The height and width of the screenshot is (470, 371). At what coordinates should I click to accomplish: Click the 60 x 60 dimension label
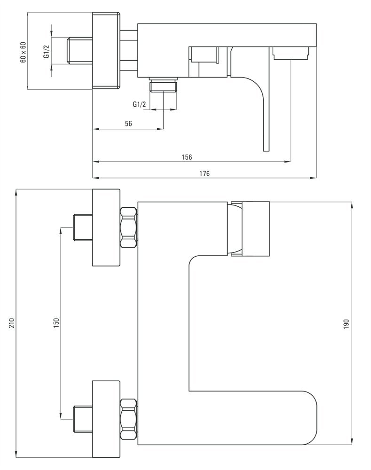(x=23, y=52)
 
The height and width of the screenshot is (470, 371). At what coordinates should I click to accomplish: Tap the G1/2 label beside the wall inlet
(x=46, y=51)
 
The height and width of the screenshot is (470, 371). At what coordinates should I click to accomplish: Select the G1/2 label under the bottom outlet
(x=140, y=104)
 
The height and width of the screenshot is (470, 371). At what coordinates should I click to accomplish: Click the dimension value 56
(x=128, y=124)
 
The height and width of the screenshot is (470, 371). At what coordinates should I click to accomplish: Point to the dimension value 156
(x=187, y=157)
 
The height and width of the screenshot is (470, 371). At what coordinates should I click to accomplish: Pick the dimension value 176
(x=205, y=173)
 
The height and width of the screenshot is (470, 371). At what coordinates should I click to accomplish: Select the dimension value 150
(x=56, y=322)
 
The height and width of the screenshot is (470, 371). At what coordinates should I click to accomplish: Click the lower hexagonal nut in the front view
(x=128, y=420)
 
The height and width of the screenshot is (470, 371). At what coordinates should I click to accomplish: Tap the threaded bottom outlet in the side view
(x=164, y=85)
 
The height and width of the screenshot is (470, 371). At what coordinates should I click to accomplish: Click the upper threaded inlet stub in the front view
(x=83, y=227)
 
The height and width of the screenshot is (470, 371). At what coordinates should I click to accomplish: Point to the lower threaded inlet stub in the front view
(x=83, y=419)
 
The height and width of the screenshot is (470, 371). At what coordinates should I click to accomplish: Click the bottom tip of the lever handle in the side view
(x=266, y=151)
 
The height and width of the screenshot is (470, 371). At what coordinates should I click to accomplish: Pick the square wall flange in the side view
(x=106, y=51)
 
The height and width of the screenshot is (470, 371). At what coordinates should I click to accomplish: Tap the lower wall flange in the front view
(x=106, y=419)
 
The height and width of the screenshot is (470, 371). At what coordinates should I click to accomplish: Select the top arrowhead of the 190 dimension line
(x=352, y=205)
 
